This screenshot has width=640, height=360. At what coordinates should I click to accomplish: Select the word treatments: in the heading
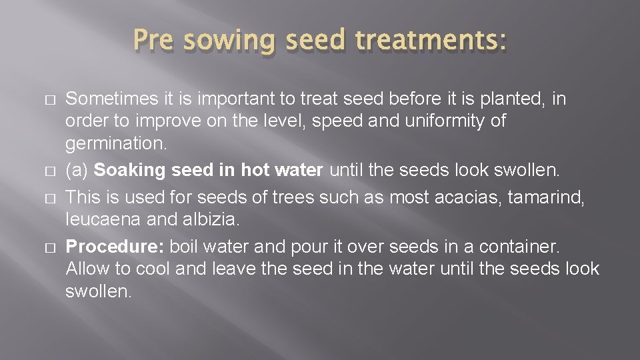(431, 42)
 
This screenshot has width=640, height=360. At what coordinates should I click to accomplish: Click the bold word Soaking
(130, 170)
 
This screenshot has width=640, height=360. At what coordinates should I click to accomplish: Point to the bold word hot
(255, 170)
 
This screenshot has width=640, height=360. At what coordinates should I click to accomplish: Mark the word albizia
(201, 219)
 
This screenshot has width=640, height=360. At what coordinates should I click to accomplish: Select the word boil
(185, 247)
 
